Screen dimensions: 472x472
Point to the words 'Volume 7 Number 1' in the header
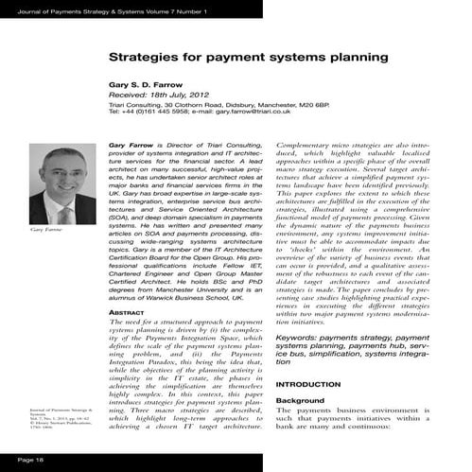pyautogui.click(x=183, y=10)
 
